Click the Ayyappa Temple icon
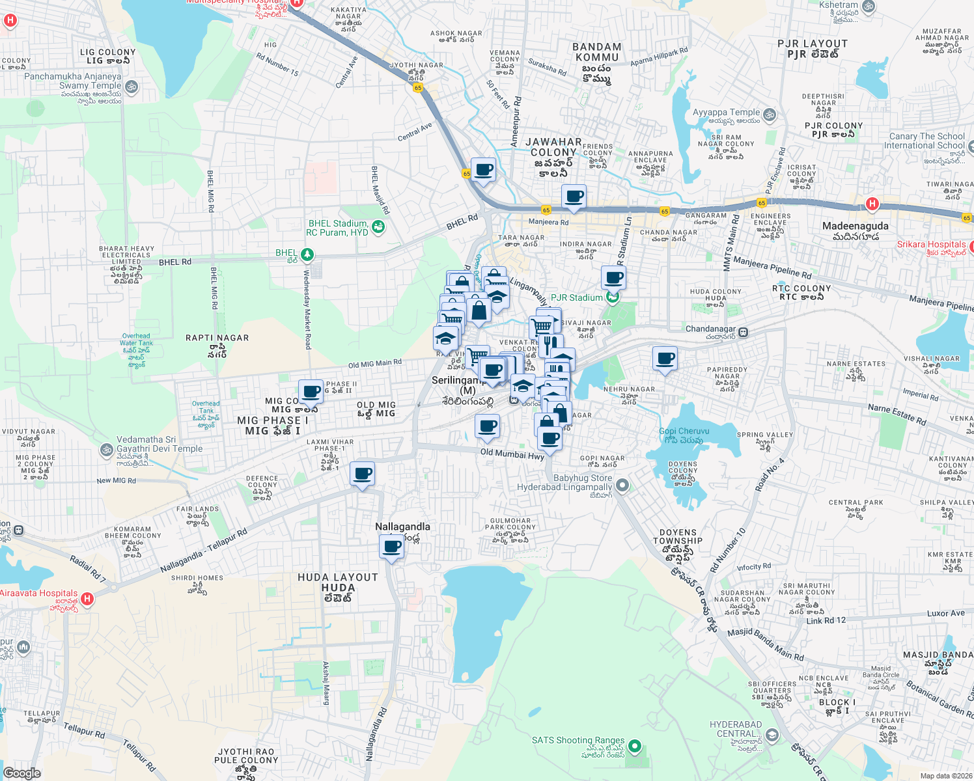769,115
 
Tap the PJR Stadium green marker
611,298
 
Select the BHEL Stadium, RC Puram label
338,228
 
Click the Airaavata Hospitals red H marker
87,598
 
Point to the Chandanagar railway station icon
743,332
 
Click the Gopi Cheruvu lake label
684,435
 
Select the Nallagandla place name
402,527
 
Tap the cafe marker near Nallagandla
391,547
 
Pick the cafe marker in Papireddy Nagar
665,358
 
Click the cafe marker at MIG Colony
311,392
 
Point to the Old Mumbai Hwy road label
512,454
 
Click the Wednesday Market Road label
307,309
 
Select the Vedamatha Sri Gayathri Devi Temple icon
106,450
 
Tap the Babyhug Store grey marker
623,485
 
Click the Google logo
21,773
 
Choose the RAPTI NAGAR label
217,338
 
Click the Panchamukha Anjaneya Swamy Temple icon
131,86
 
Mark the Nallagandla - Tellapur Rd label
203,551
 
